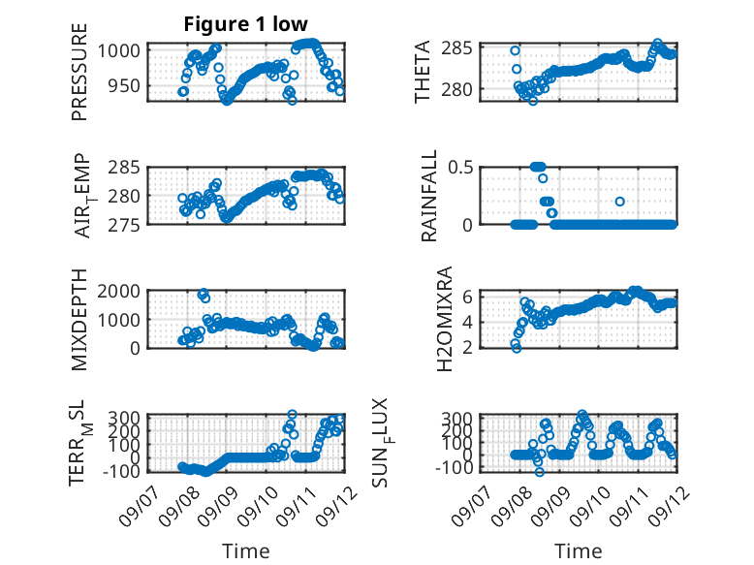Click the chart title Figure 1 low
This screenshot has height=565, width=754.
click(x=246, y=24)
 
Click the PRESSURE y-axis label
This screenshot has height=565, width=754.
click(x=79, y=72)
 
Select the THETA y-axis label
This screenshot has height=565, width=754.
click(x=422, y=72)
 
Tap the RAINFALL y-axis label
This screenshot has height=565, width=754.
click(x=428, y=196)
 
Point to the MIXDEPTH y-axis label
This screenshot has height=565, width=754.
click(x=79, y=320)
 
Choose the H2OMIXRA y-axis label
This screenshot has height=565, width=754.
click(x=445, y=319)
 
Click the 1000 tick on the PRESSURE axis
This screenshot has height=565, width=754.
click(x=119, y=50)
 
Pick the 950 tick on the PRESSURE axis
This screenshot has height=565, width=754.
click(x=124, y=86)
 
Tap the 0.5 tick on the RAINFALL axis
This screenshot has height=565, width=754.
click(x=460, y=168)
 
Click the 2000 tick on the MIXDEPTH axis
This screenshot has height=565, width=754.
click(x=119, y=291)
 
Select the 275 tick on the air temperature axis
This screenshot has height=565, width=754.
click(x=124, y=225)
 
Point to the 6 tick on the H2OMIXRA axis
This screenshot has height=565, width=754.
click(x=467, y=297)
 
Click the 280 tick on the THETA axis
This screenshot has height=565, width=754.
click(x=456, y=89)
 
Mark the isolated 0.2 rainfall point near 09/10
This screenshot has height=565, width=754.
click(x=620, y=202)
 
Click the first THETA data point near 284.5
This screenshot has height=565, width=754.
click(x=515, y=50)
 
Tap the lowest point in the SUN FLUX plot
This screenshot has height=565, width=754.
click(x=540, y=472)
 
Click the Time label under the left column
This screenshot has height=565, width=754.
click(x=246, y=551)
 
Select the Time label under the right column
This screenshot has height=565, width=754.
click(x=578, y=551)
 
